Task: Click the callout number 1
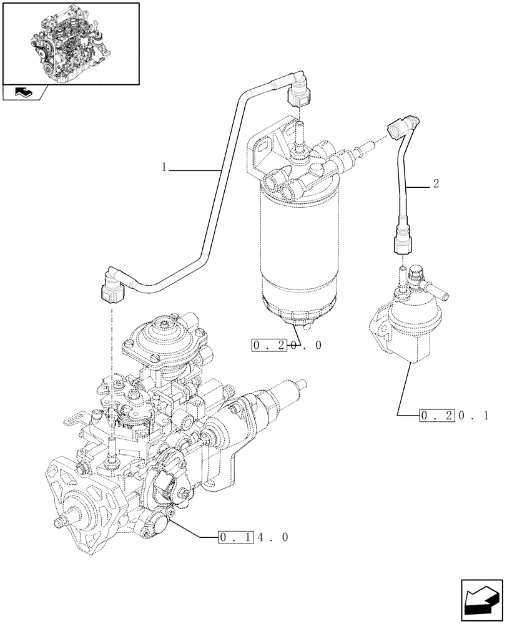coord(164,167)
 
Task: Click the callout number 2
coord(435,184)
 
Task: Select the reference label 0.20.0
coord(287,345)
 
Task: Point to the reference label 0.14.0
coord(253,537)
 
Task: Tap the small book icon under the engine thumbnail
coord(23,92)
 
